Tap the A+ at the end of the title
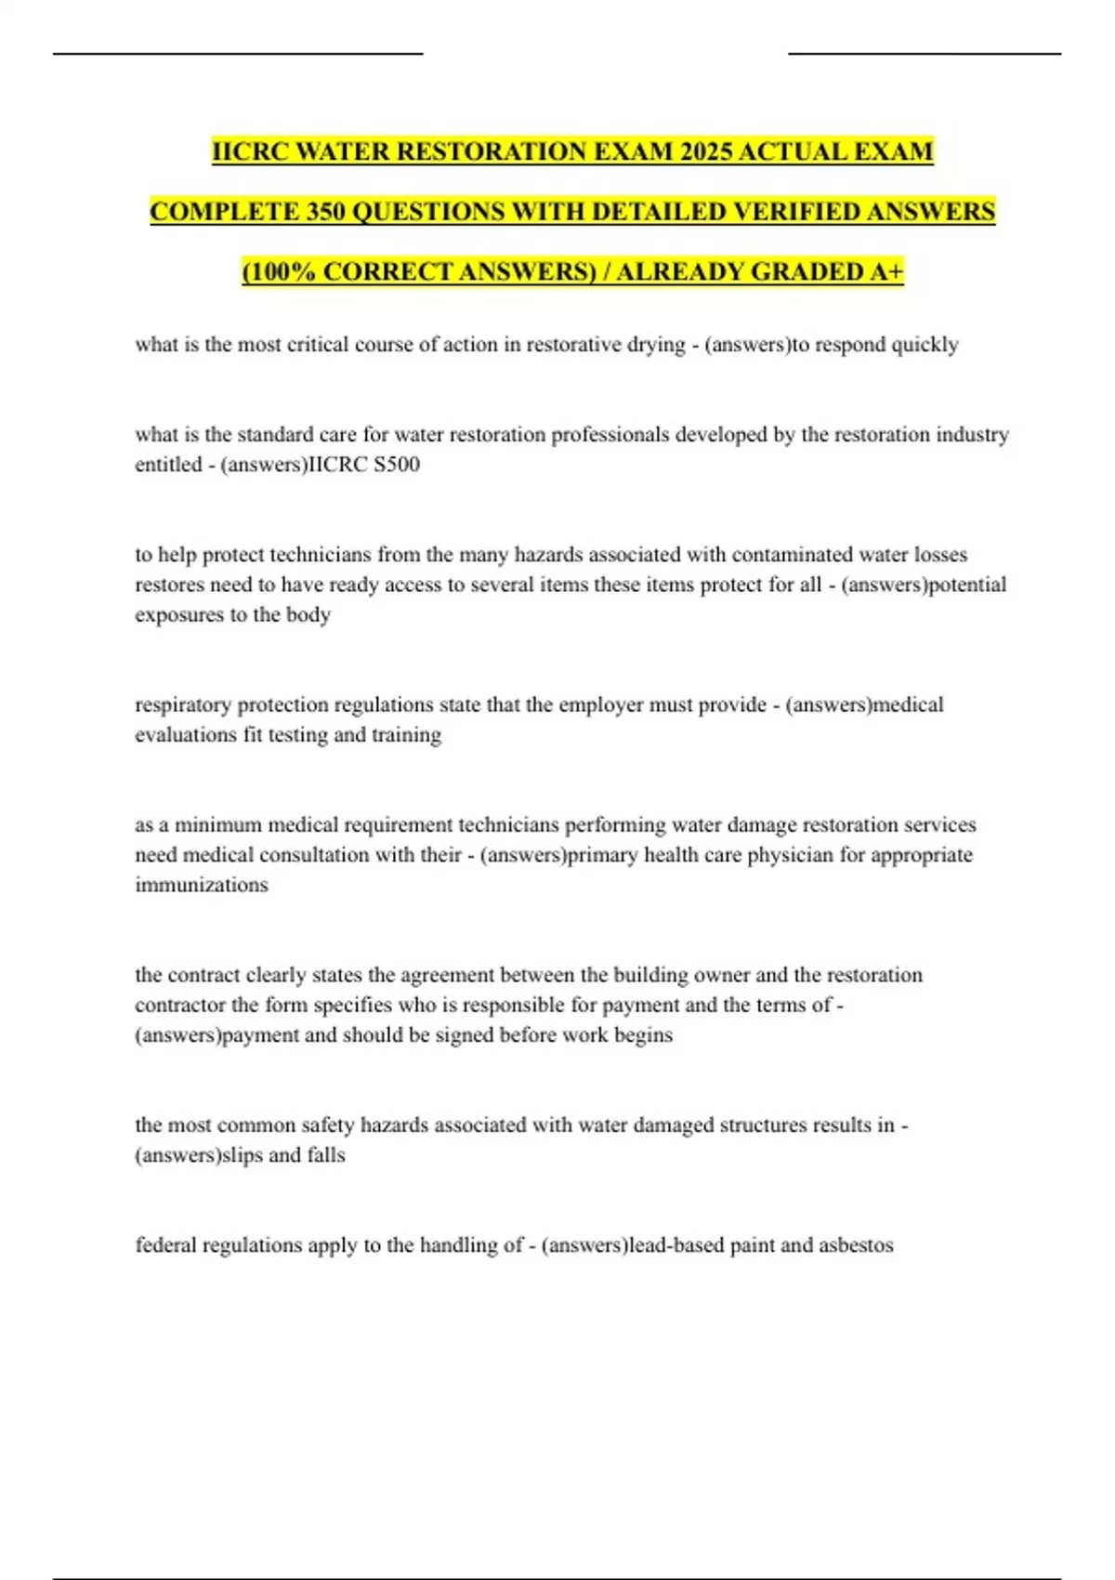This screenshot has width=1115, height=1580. tap(887, 271)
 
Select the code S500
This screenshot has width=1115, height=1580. tap(396, 465)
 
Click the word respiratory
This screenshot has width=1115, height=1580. tap(183, 705)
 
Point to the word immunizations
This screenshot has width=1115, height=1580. tap(202, 885)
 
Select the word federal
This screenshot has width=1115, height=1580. tap(165, 1245)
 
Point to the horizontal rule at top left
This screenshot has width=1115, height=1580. tap(238, 54)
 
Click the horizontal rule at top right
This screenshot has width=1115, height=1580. tap(925, 54)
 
